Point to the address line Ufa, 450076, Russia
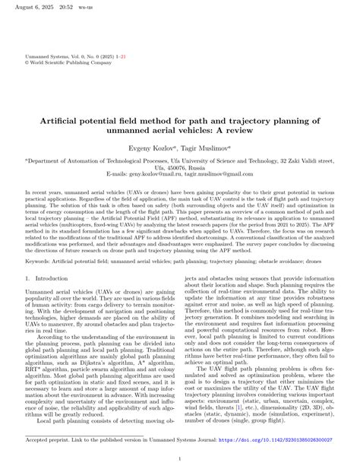click(180, 166)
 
